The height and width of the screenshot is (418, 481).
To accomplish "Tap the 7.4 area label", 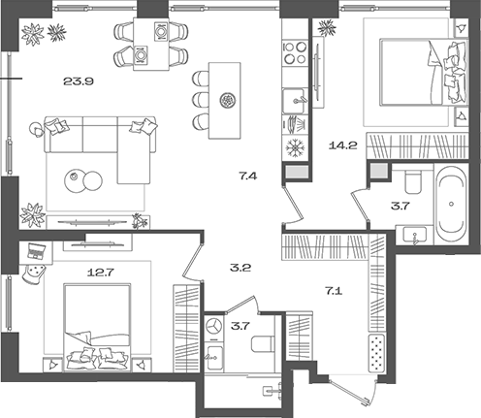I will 248,176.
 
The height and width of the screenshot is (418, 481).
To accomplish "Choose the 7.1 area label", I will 334,289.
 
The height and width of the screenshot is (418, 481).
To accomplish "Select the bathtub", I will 452,205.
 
